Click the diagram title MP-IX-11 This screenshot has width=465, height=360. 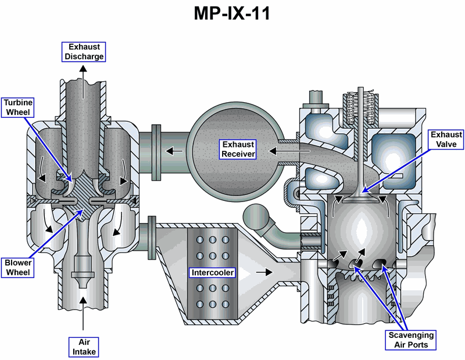pyautogui.click(x=232, y=13)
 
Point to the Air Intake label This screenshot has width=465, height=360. pyautogui.click(x=83, y=347)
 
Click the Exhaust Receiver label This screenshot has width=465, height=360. pyautogui.click(x=238, y=149)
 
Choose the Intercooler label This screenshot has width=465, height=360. pyautogui.click(x=212, y=272)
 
